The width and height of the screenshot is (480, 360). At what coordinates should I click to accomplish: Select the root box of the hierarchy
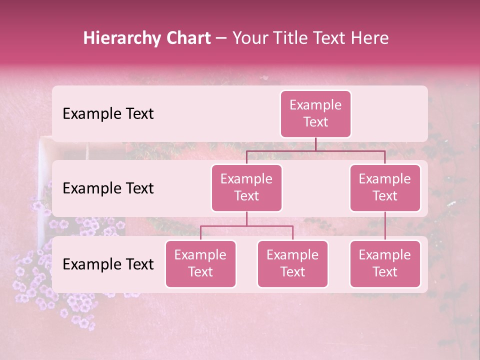click(315, 114)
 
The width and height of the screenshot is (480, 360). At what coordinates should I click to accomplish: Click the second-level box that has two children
click(246, 188)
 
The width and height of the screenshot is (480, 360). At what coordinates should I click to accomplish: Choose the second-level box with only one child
click(385, 188)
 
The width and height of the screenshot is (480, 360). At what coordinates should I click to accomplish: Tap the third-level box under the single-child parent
click(385, 264)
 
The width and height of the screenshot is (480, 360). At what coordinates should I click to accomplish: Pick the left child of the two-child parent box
click(200, 264)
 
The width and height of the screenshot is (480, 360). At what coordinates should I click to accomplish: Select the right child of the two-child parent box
click(292, 264)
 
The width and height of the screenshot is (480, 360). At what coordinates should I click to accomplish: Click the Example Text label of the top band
click(108, 114)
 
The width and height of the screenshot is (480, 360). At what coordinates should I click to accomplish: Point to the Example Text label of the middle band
click(108, 188)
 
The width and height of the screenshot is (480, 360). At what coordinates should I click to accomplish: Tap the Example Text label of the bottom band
click(108, 264)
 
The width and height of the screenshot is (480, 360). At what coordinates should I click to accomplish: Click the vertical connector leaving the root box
click(315, 144)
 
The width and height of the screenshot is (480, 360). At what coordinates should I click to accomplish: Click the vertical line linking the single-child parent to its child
click(385, 226)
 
